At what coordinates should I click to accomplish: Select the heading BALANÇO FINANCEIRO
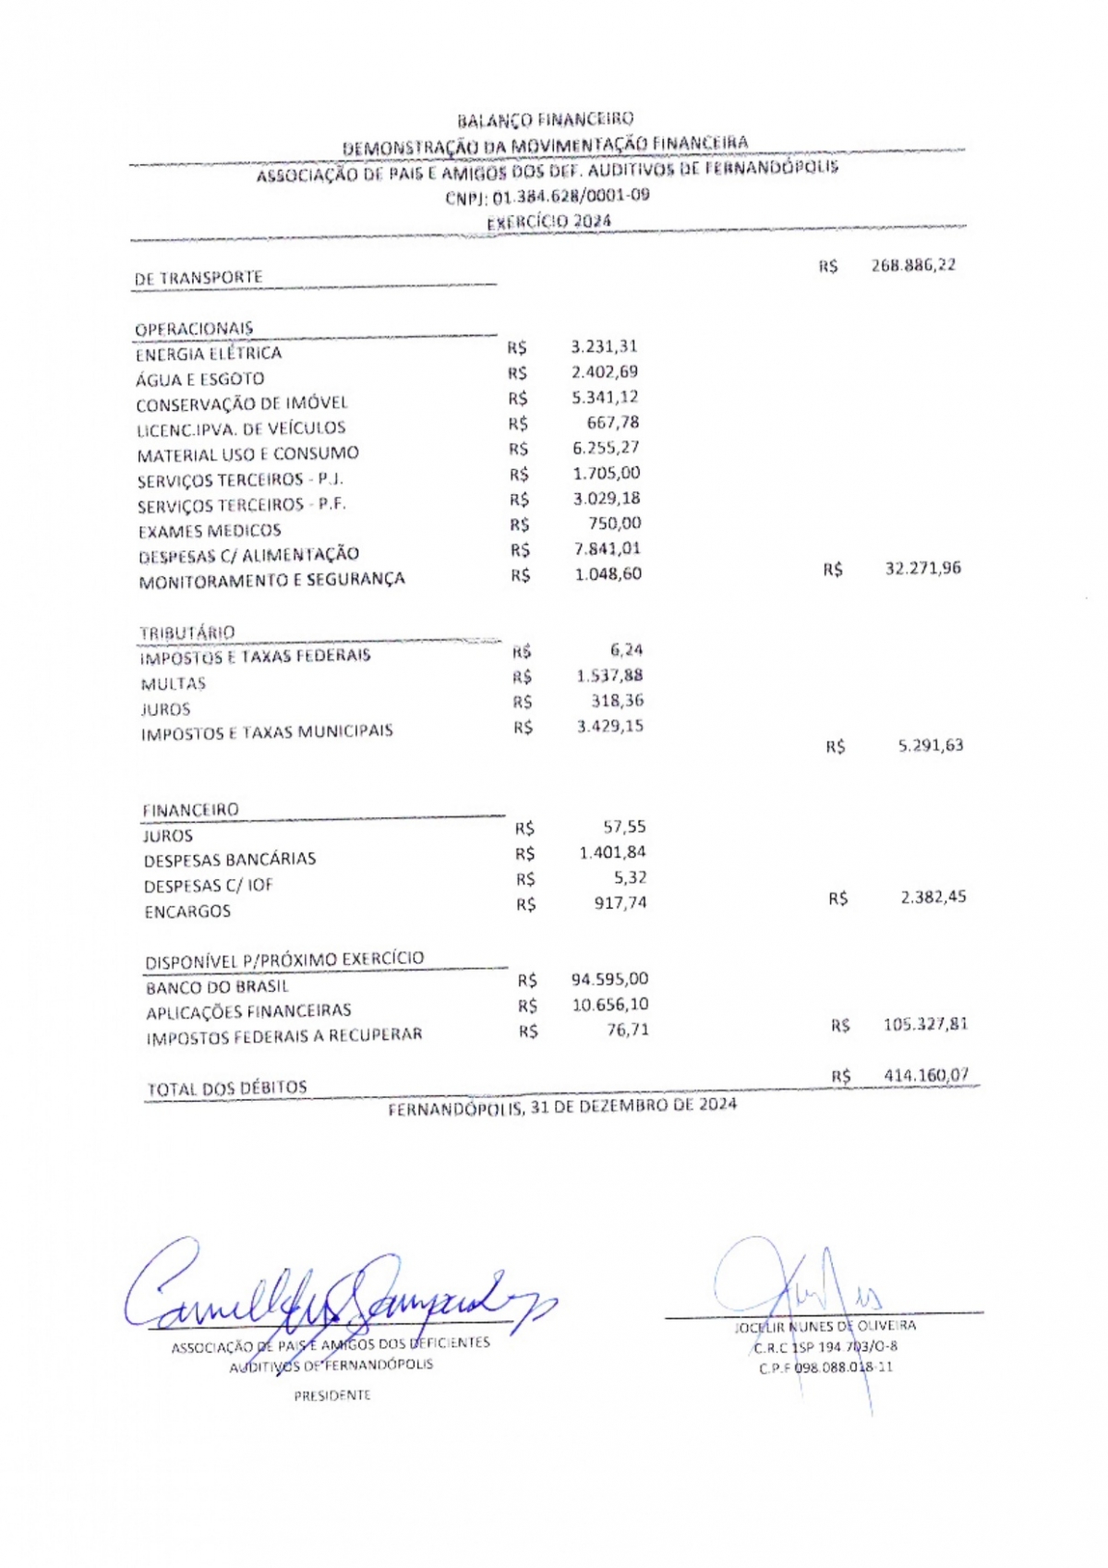[x=546, y=119]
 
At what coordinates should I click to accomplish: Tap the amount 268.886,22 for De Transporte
[x=913, y=265]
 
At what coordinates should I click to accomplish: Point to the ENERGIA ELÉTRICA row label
[x=209, y=354]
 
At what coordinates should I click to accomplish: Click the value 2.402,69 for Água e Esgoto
[x=604, y=372]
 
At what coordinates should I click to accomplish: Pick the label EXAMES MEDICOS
[x=210, y=531]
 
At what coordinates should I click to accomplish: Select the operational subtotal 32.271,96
[x=922, y=568]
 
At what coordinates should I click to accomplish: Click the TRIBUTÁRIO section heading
[x=187, y=633]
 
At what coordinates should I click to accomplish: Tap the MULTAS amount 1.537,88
[x=609, y=676]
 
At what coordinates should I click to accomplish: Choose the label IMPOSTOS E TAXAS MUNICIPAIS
[x=267, y=732]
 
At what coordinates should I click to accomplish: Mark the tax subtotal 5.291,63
[x=931, y=745]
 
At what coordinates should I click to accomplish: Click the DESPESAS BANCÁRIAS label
[x=230, y=860]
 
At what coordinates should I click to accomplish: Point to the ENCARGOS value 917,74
[x=620, y=903]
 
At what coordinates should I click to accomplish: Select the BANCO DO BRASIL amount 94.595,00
[x=609, y=979]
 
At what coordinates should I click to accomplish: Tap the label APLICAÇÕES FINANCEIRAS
[x=248, y=1011]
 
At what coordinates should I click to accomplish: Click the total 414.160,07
[x=926, y=1075]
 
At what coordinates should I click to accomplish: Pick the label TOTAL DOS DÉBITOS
[x=227, y=1088]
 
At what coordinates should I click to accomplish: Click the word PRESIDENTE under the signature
[x=332, y=1395]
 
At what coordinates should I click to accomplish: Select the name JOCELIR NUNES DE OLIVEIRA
[x=825, y=1326]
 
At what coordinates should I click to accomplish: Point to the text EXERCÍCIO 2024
[x=548, y=222]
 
